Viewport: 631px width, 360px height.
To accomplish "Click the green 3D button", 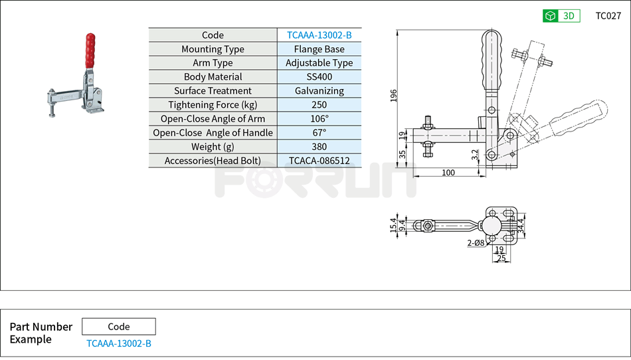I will pyautogui.click(x=561, y=16).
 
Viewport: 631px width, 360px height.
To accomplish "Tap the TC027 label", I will pyautogui.click(x=608, y=16).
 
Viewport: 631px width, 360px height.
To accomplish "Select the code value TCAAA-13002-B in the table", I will pyautogui.click(x=319, y=35).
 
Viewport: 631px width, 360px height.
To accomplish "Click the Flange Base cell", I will pyautogui.click(x=319, y=49).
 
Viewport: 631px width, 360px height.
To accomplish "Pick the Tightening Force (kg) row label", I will pyautogui.click(x=213, y=105).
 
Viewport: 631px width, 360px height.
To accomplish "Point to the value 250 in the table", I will pyautogui.click(x=319, y=105).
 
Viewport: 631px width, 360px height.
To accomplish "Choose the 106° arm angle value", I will pyautogui.click(x=319, y=119).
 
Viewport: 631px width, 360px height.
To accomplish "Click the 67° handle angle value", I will pyautogui.click(x=319, y=133).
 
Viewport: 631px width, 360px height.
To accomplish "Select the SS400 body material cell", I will pyautogui.click(x=319, y=77).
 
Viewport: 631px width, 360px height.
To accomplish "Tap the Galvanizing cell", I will pyautogui.click(x=319, y=91).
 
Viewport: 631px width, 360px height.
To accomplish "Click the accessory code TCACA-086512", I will pyautogui.click(x=319, y=161).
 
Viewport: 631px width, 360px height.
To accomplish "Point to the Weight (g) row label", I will pyautogui.click(x=213, y=147).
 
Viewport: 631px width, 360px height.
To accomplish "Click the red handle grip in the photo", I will pyautogui.click(x=90, y=50).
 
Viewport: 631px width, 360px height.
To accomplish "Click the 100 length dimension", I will pyautogui.click(x=448, y=173).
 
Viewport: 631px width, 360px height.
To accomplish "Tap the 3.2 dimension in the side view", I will pyautogui.click(x=474, y=155).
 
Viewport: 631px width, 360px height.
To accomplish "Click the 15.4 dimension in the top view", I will pyautogui.click(x=393, y=225).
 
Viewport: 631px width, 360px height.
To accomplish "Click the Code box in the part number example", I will pyautogui.click(x=118, y=327).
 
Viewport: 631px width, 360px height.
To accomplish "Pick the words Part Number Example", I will pyautogui.click(x=41, y=333).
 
